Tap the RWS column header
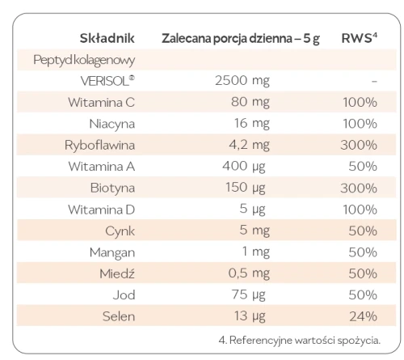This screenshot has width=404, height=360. click(x=356, y=38)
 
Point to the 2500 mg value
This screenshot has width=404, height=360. click(x=242, y=82)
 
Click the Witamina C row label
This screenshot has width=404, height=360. click(x=102, y=104)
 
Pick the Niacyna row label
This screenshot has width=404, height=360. click(x=111, y=125)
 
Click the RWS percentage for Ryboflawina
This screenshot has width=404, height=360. click(x=360, y=146)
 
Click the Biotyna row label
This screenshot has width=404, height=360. click(x=112, y=188)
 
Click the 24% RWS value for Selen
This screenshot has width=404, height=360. click(x=361, y=316)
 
